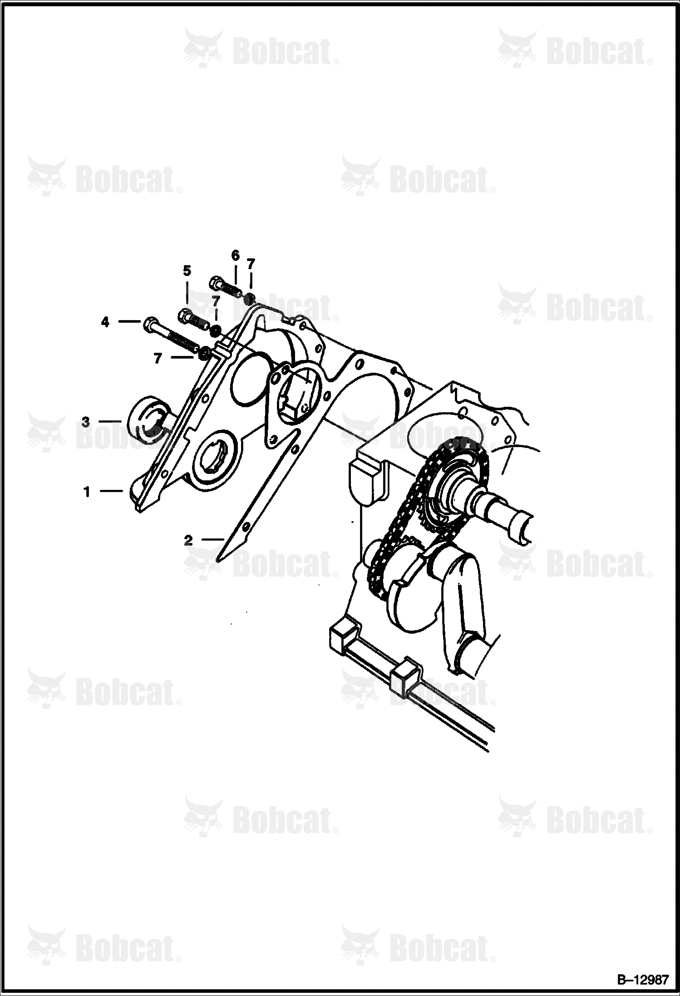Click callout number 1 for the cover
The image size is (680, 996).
(x=86, y=492)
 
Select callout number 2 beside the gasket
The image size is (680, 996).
(x=188, y=540)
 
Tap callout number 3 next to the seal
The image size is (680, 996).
(x=86, y=422)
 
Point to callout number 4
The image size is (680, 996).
(x=105, y=322)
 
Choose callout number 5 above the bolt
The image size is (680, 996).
(x=187, y=271)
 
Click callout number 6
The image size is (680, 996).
(x=235, y=256)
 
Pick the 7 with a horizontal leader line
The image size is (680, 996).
(x=158, y=359)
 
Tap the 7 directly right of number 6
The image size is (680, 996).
(x=251, y=263)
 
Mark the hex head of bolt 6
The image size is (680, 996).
(x=216, y=283)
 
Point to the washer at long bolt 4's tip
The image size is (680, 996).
(x=205, y=353)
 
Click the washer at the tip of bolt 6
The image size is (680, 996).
(x=249, y=299)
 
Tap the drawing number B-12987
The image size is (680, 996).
(x=642, y=977)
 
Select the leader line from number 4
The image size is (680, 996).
(x=129, y=322)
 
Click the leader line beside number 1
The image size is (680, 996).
(x=111, y=491)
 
